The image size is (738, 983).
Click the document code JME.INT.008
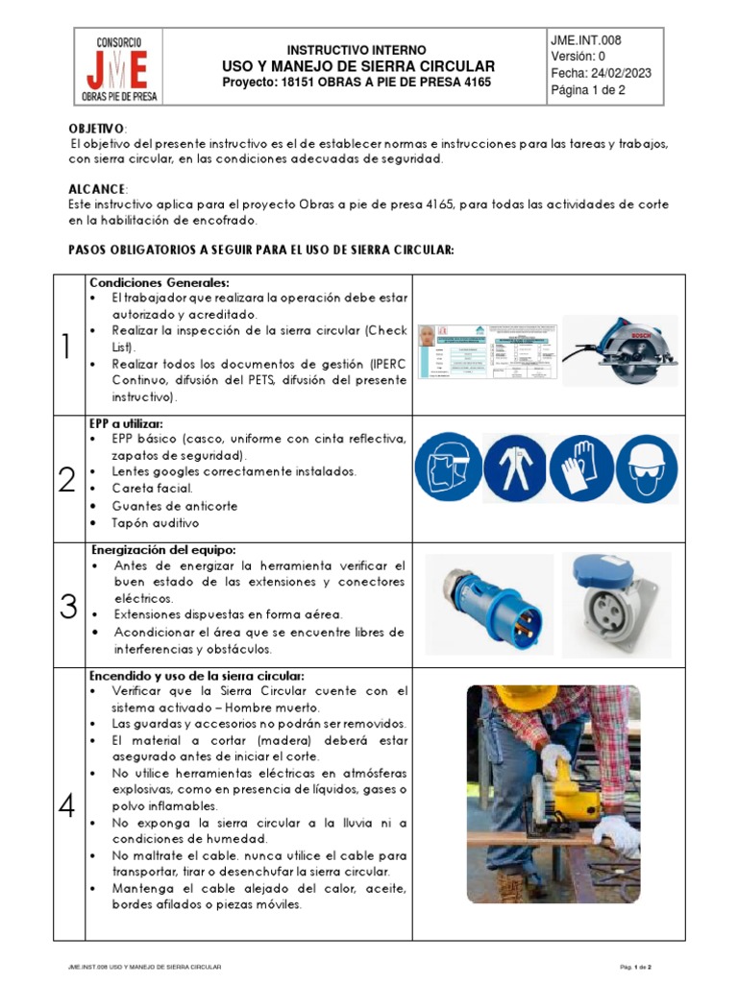(585, 40)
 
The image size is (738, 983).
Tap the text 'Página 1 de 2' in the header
(588, 92)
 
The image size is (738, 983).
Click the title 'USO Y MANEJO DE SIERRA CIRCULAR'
(358, 66)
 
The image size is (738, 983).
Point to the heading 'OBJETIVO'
(96, 129)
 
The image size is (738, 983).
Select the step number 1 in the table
(66, 346)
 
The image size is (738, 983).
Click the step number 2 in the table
(66, 479)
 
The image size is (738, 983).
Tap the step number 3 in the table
(68, 606)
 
